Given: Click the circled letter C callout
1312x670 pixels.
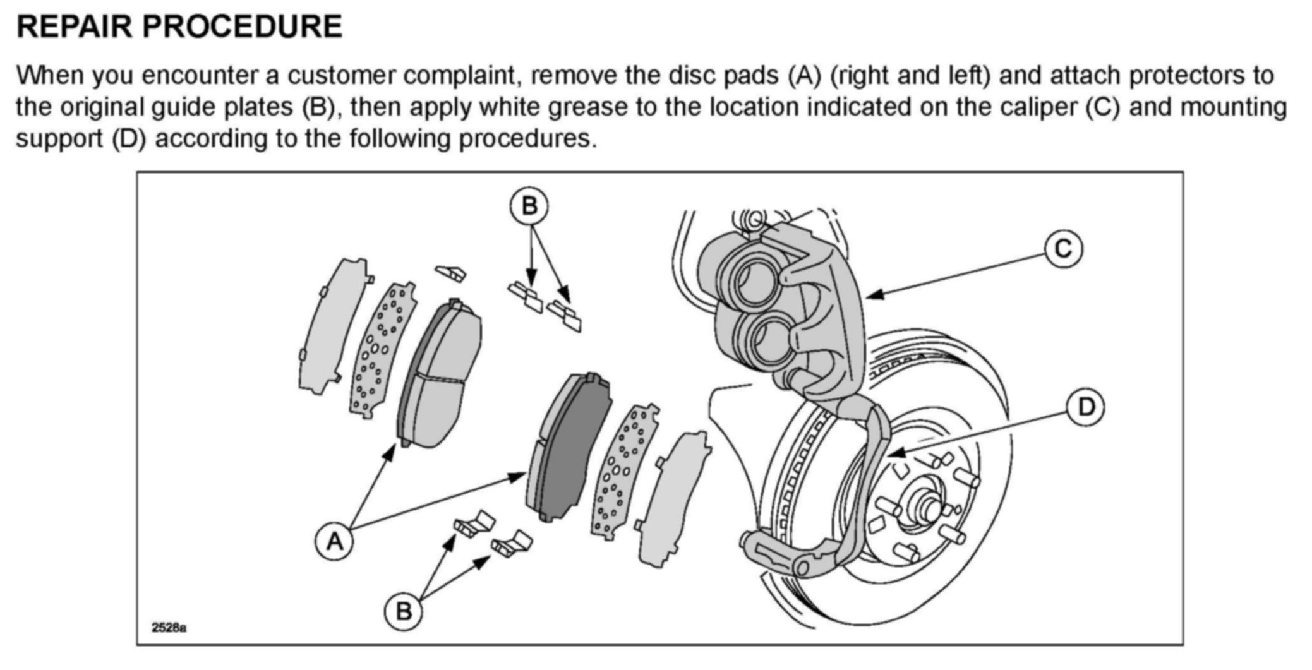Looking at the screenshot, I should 1063,249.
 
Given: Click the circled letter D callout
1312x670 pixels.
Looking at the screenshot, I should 1085,407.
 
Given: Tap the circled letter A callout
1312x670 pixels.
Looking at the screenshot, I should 334,541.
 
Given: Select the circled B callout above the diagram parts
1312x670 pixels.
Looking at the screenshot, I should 529,206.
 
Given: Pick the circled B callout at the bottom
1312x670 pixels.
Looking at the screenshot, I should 403,611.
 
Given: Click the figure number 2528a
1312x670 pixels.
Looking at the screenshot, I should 169,628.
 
